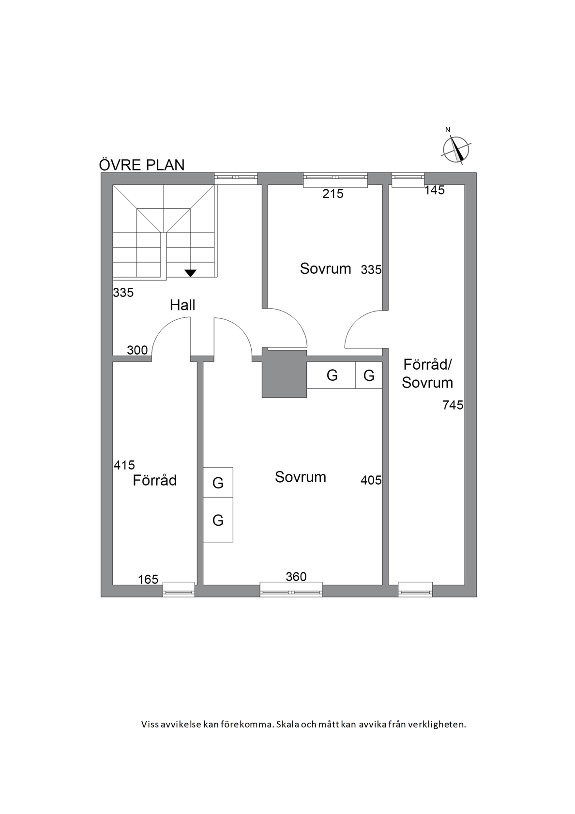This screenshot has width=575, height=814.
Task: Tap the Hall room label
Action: (x=182, y=305)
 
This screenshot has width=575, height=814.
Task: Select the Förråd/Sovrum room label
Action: (x=427, y=373)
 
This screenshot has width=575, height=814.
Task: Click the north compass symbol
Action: (x=456, y=147)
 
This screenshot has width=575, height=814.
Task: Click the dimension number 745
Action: (x=453, y=405)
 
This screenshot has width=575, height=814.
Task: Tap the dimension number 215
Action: (x=333, y=194)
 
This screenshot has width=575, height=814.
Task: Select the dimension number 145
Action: (x=435, y=190)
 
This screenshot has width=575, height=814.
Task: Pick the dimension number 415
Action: (x=124, y=465)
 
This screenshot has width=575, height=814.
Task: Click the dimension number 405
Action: (x=371, y=481)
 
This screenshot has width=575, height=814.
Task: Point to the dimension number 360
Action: (x=296, y=577)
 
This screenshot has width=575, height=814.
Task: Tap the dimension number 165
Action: (x=148, y=579)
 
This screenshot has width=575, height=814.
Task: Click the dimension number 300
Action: (x=137, y=350)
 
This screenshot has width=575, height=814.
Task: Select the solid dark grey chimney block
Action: (x=285, y=374)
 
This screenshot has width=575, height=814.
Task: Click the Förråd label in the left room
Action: (x=155, y=481)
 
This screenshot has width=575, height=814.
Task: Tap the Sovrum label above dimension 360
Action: (x=301, y=477)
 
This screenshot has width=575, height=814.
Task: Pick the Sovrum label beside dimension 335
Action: (x=326, y=269)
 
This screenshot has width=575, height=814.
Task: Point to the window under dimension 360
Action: (x=291, y=590)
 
